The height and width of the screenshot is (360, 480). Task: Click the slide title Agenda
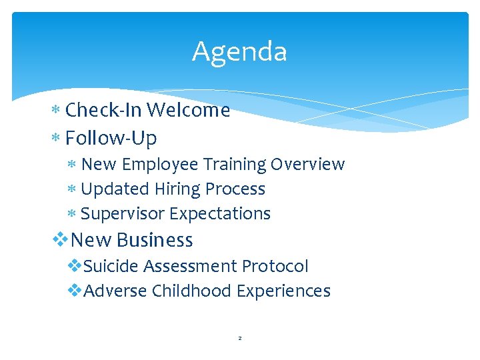[x=239, y=52]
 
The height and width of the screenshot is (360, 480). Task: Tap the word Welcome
[x=189, y=110]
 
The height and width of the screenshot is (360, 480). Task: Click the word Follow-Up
[x=111, y=139]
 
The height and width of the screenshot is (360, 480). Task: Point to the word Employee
[x=161, y=164]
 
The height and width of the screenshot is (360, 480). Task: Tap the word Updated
[x=115, y=189]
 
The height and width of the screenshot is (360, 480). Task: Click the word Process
[x=235, y=189]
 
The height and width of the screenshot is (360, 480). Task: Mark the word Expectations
[x=220, y=214]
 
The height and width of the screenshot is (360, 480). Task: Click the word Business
[x=154, y=240]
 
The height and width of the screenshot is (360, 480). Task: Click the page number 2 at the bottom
[x=240, y=339]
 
